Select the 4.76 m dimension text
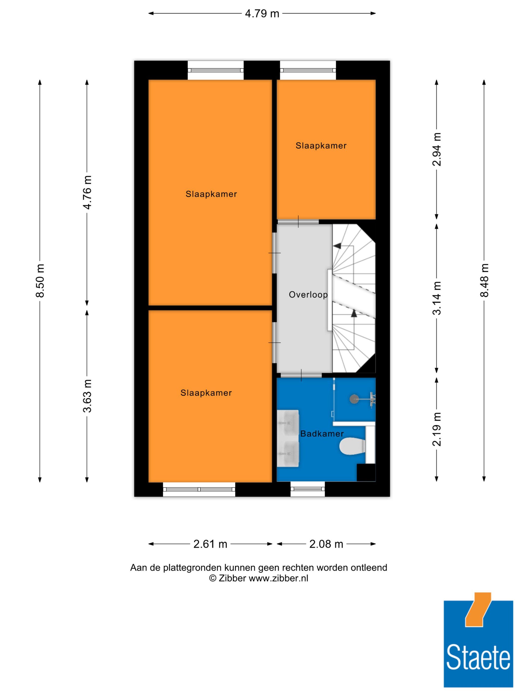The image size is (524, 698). pos(87,192)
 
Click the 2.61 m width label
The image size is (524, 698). pos(210,544)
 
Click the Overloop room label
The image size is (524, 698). pos(308,294)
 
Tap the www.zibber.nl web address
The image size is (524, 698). pos(278,578)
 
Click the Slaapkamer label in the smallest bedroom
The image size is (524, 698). pos(321,146)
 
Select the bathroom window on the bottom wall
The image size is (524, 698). pos(308,489)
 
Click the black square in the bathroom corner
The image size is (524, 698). pos(366,472)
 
